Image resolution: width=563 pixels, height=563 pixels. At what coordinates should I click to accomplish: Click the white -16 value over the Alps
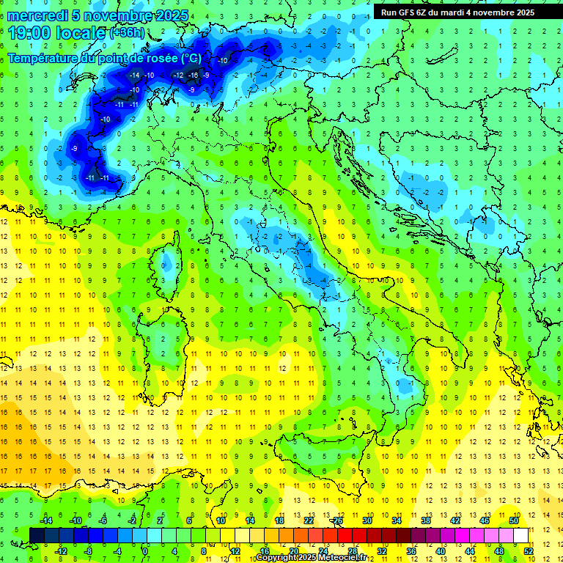click(x=193, y=76)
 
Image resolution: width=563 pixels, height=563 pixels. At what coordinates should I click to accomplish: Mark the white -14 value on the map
click(x=134, y=76)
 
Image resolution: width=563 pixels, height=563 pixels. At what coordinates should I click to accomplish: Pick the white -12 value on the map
click(x=178, y=76)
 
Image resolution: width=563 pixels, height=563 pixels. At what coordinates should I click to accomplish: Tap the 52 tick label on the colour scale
click(x=529, y=551)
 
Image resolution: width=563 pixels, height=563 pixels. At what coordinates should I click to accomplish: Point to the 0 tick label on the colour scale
click(x=145, y=551)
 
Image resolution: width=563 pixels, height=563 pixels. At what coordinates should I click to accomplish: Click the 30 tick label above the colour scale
click(x=367, y=520)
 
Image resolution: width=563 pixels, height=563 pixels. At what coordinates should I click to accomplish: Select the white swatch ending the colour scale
click(x=520, y=535)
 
